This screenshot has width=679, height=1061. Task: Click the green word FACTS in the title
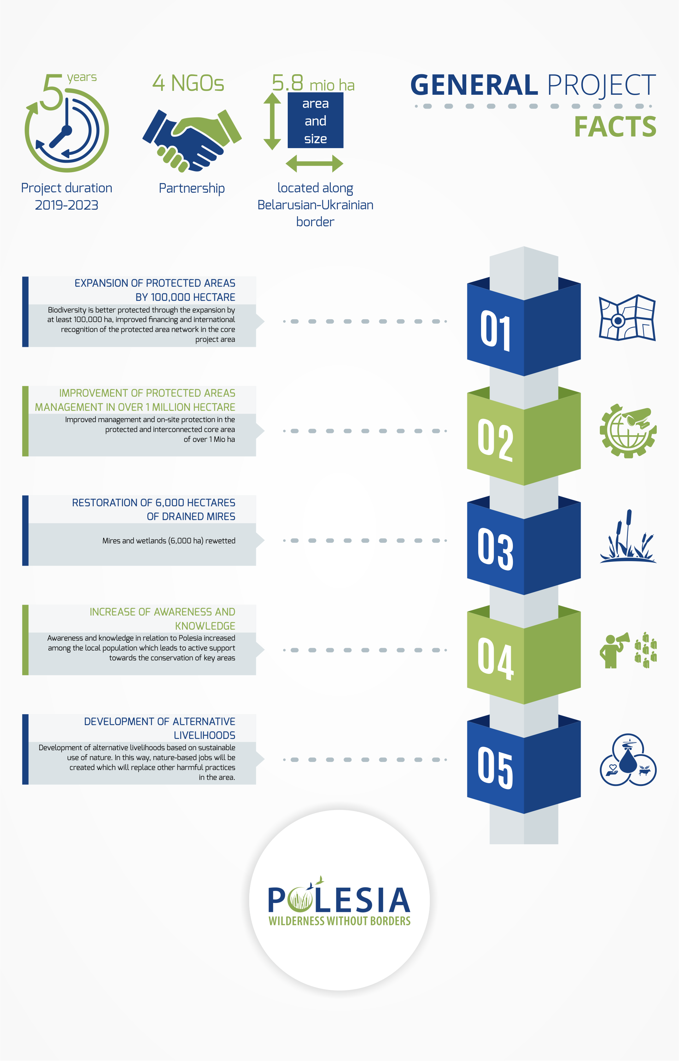(615, 127)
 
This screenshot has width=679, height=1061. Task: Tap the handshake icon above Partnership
(192, 140)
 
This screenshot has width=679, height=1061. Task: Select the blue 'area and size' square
(315, 121)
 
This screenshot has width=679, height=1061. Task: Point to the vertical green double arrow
(272, 121)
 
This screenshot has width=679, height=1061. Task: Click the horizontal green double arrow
(314, 164)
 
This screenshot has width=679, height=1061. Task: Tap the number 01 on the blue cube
(496, 330)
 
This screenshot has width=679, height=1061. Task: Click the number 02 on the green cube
(496, 440)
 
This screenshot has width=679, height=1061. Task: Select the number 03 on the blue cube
(496, 549)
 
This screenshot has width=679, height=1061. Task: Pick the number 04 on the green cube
(496, 658)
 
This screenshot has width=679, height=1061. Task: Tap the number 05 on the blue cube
(496, 768)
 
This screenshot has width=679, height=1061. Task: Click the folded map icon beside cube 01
(627, 317)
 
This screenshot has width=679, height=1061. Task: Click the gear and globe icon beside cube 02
(628, 431)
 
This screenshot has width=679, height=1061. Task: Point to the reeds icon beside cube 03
(628, 536)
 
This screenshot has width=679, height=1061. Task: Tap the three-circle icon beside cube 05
(628, 759)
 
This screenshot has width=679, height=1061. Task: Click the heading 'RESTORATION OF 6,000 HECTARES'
(153, 502)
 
